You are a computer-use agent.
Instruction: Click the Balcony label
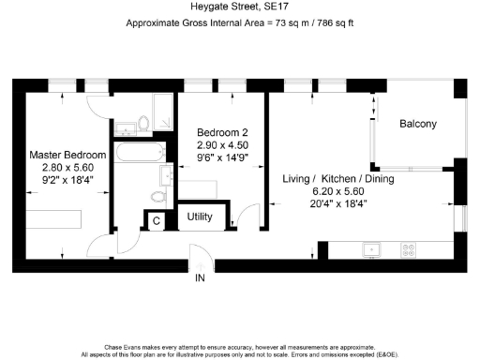coord(418,124)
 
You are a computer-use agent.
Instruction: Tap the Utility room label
coord(200,217)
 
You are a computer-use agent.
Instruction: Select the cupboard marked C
coord(157,221)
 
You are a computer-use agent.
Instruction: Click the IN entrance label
coord(200,277)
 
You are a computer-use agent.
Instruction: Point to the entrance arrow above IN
coord(200,267)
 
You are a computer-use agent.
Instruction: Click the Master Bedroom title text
coord(67,155)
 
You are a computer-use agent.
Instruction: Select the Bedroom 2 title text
coord(222,132)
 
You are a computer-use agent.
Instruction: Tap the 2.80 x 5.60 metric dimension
coord(67,168)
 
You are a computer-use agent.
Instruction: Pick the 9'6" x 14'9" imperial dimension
coord(222,157)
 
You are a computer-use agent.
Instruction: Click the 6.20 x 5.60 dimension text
coord(338,191)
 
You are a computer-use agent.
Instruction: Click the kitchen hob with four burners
coord(409,249)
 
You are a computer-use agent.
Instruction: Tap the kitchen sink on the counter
coord(371,249)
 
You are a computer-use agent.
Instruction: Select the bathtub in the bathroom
coord(140,152)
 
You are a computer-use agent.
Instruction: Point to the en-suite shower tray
coord(163,112)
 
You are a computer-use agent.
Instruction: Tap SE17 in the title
coord(276,7)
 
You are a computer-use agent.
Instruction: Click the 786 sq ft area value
coord(336,23)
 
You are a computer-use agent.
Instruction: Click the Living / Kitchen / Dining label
coord(338,179)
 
